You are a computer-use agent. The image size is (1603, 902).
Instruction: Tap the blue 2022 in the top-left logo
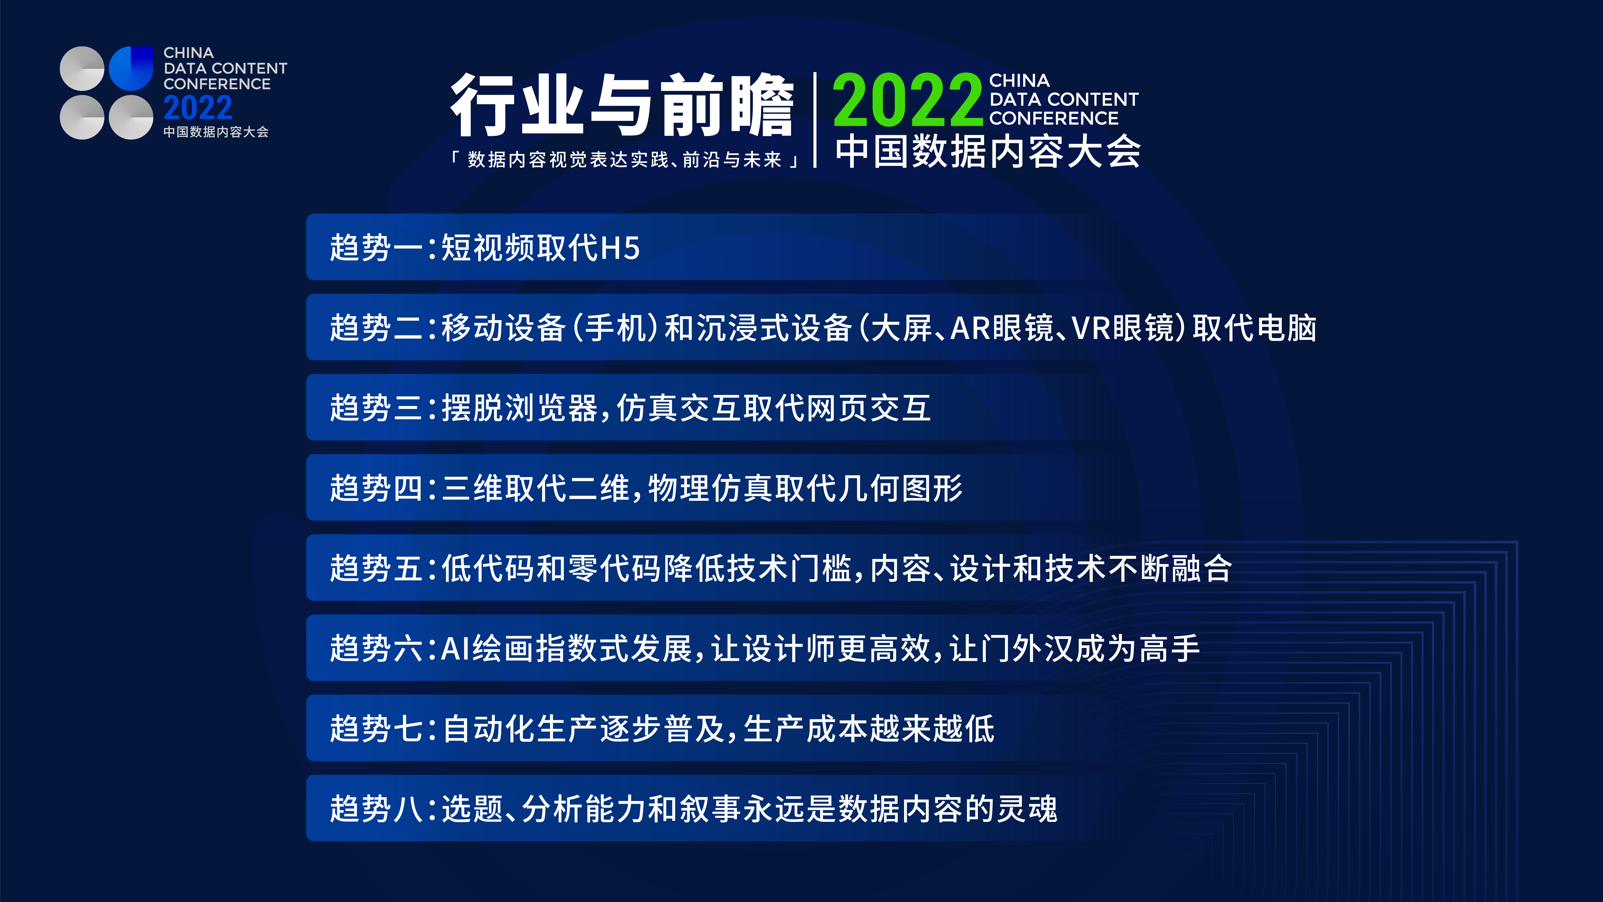198,108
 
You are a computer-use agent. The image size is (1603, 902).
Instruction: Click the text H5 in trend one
620,248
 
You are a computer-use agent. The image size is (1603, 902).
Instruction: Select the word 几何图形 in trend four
900,488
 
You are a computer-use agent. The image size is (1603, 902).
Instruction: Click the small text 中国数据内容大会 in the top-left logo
216,132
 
